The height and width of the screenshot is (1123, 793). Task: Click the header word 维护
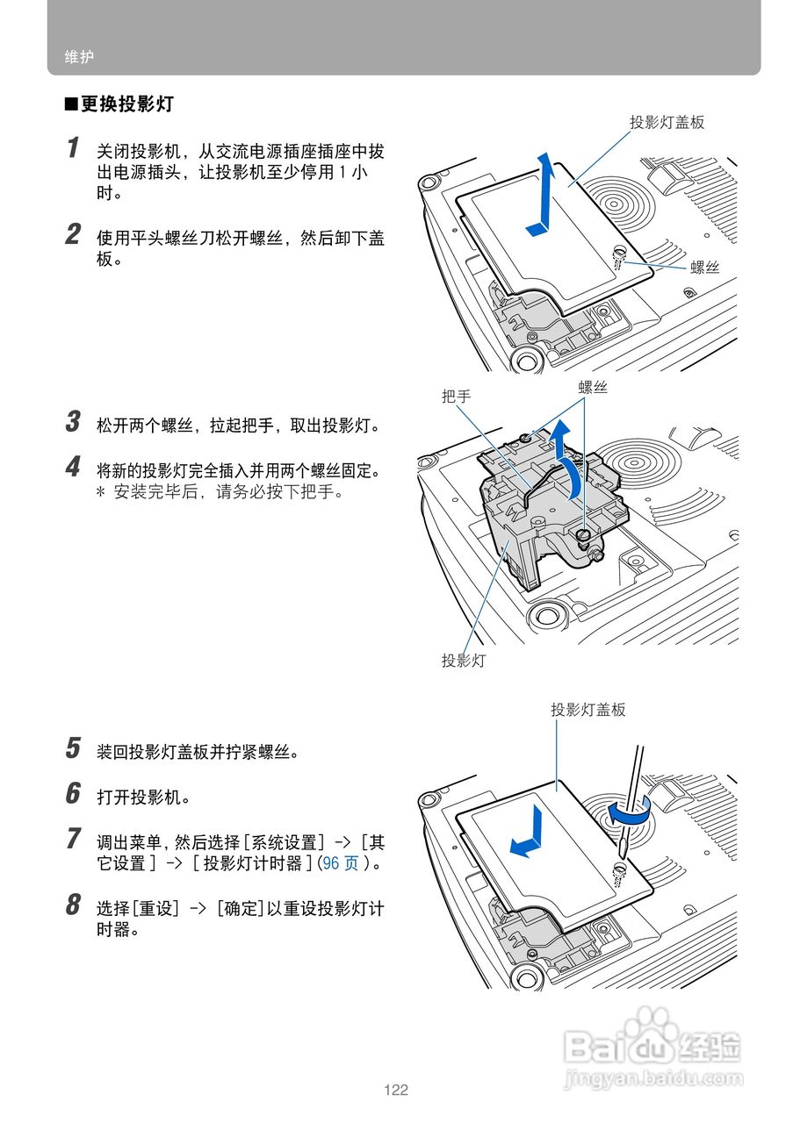tap(79, 57)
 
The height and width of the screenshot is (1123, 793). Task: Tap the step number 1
tap(74, 147)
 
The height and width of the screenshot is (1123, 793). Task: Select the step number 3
tap(74, 422)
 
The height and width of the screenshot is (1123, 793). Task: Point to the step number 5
tap(74, 748)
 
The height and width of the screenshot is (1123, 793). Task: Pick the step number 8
tap(74, 905)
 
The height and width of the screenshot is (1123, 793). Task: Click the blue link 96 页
tap(340, 863)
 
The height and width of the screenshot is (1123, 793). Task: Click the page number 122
tap(396, 1091)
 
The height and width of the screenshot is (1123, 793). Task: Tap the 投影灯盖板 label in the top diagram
tap(667, 123)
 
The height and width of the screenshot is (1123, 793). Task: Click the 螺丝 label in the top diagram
tap(704, 268)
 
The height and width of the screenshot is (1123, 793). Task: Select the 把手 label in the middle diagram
tap(456, 397)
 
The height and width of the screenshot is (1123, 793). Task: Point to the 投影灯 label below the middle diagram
tap(463, 661)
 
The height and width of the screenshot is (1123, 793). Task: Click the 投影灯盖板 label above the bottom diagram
tap(588, 710)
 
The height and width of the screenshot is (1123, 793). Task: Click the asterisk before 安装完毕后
tap(101, 493)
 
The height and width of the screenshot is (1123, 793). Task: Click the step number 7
tap(74, 840)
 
